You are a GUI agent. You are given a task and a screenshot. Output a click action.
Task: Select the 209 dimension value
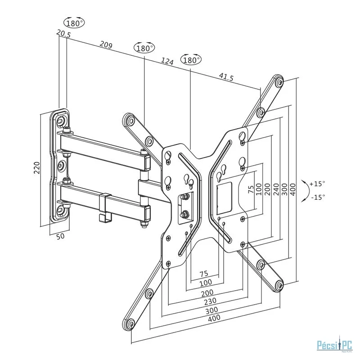106,45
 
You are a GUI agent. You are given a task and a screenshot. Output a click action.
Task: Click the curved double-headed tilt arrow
306,190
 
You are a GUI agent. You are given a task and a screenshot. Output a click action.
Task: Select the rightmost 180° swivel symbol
191,59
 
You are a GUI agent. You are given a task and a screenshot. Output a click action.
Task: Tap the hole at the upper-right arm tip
279,82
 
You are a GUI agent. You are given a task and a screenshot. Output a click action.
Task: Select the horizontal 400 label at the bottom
215,319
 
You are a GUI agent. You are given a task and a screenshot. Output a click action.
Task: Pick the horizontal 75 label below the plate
203,273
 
